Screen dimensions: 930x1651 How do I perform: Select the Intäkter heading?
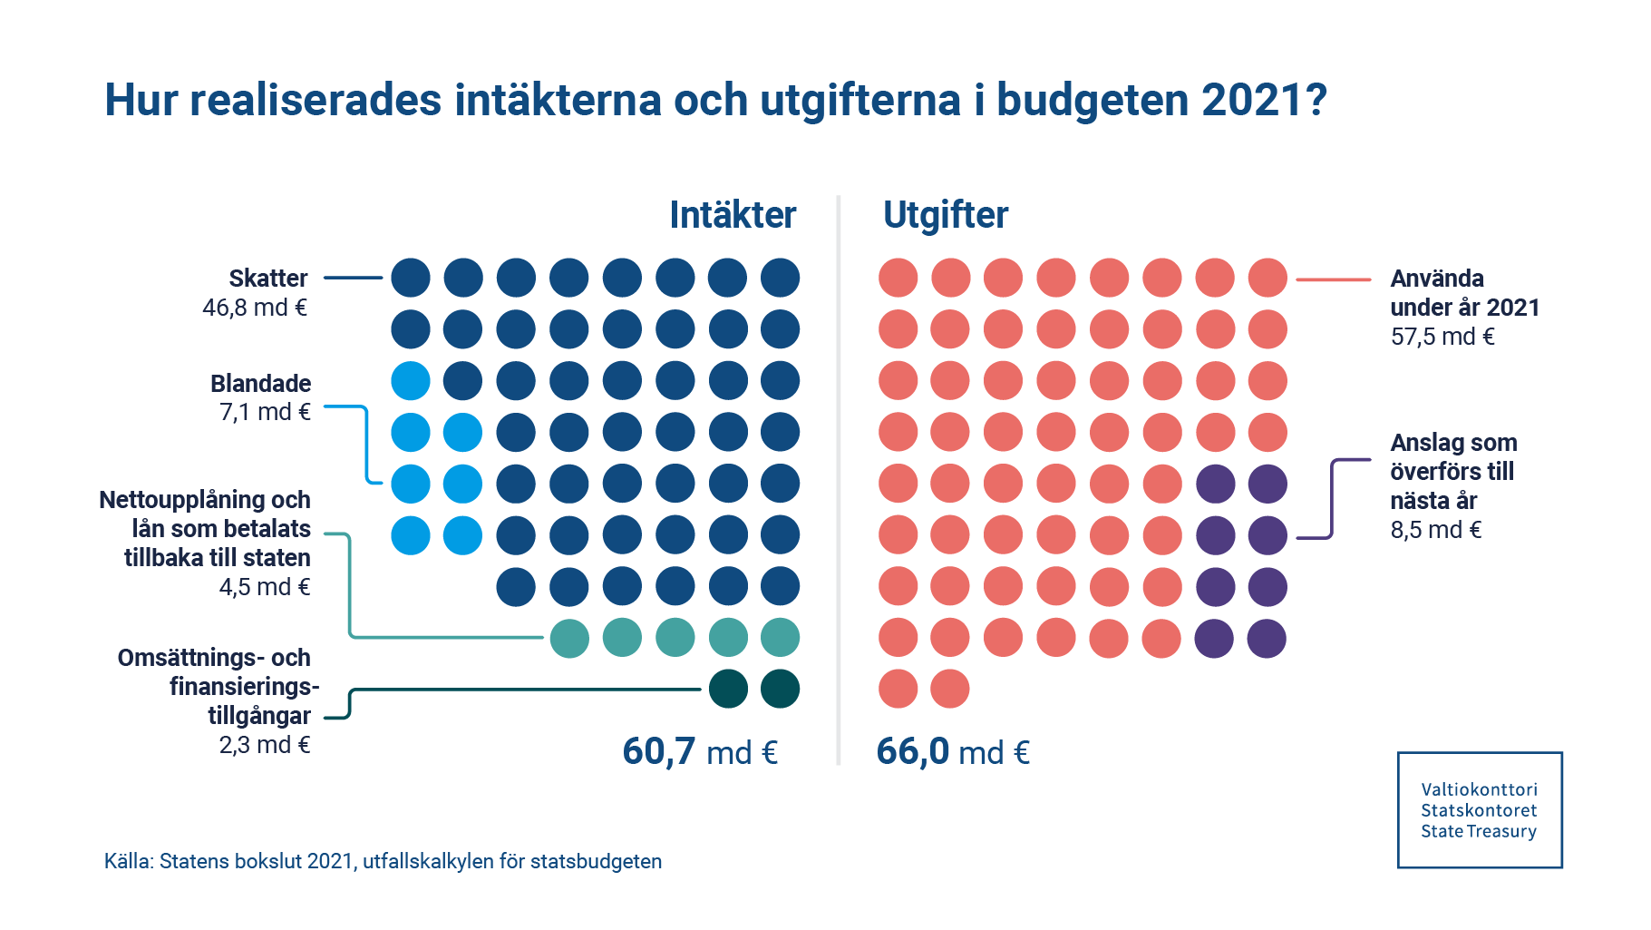point(733,216)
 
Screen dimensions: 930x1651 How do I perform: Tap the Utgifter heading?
point(945,216)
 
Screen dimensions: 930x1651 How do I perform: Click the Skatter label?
point(267,279)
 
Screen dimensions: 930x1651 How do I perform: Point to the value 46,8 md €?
point(255,308)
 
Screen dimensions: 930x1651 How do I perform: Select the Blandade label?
point(260,383)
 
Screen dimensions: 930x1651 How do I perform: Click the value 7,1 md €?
point(265,412)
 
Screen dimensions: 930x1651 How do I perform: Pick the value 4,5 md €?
point(265,587)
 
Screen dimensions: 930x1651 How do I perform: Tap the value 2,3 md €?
point(265,745)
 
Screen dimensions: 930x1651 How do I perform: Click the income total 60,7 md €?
point(700,752)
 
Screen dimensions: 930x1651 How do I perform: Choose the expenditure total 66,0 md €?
point(953,752)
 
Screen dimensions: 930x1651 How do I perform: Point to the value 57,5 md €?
point(1442,337)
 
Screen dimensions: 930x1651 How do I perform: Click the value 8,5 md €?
point(1436,530)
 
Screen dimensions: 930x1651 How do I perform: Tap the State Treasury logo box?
point(1479,809)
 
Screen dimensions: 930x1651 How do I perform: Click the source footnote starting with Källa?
point(383,861)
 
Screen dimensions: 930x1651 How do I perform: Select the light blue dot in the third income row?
point(411,381)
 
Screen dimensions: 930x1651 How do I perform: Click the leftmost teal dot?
point(569,638)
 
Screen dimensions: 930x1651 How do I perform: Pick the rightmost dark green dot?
point(780,689)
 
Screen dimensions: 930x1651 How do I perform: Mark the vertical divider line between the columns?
point(839,481)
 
